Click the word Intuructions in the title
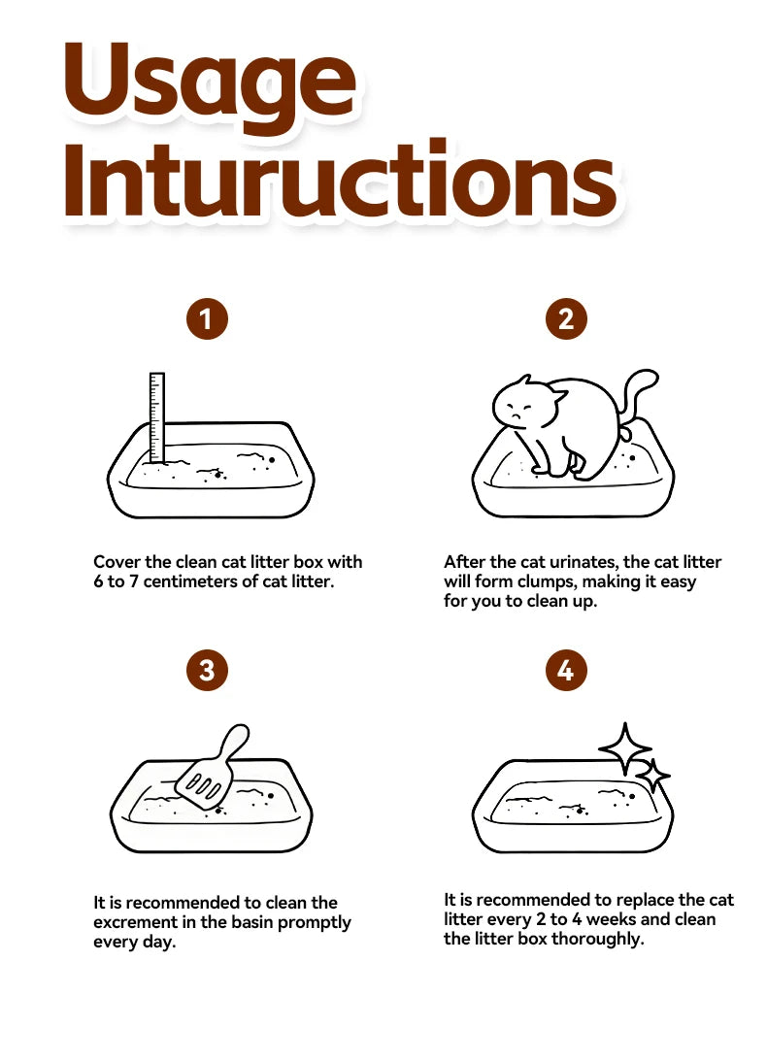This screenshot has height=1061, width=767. click(340, 180)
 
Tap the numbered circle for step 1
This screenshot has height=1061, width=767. click(207, 318)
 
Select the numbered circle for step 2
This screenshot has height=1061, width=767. click(566, 318)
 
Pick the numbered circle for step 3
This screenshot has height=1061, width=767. click(207, 671)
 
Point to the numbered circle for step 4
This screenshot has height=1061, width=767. click(566, 671)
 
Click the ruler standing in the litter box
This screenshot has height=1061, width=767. click(157, 417)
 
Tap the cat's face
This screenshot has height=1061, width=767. click(519, 407)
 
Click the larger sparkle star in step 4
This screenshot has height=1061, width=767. click(625, 748)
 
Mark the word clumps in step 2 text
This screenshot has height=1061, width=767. click(547, 582)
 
